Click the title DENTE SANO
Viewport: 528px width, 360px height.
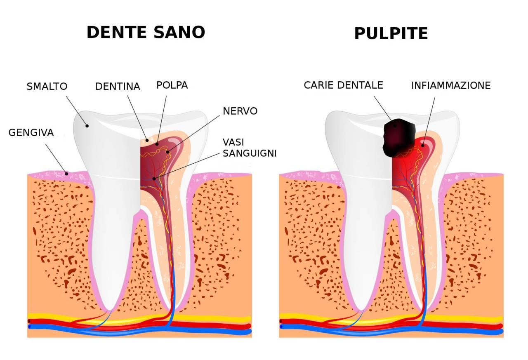146,32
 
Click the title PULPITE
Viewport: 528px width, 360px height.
391,34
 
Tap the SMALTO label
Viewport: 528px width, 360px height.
47,87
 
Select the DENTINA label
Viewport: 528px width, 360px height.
118,87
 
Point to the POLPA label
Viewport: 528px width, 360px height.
172,85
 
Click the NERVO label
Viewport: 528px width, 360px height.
240,111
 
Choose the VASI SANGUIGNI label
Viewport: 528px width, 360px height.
249,148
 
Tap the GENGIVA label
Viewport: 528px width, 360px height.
31,133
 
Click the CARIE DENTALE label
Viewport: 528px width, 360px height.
343,85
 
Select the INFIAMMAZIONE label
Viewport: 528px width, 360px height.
451,86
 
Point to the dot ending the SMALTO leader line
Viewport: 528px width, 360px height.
87,125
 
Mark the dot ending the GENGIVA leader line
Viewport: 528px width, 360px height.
67,173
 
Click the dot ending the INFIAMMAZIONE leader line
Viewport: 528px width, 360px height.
422,145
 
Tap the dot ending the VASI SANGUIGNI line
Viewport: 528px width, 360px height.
154,179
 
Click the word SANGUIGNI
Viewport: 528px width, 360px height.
249,153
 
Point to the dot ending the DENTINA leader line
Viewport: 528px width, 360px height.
147,140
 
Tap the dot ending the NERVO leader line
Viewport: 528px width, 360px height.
167,152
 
